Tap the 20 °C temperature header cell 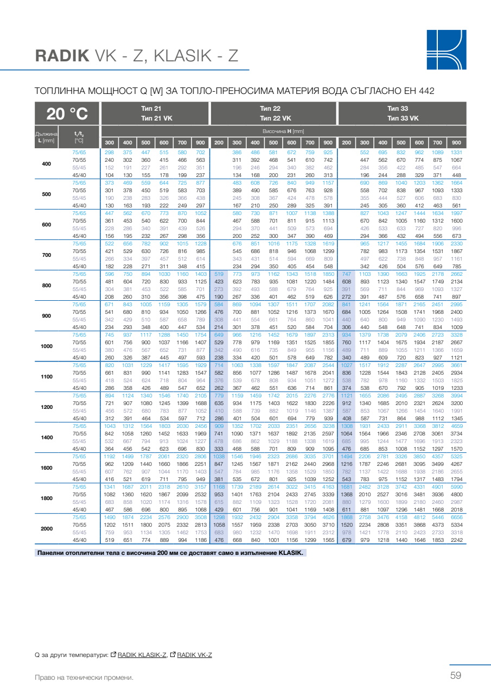pyautogui.click(x=67, y=114)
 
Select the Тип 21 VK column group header pyautogui.click(x=151, y=118)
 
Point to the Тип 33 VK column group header pyautogui.click(x=402, y=118)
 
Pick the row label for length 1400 pyautogui.click(x=47, y=437)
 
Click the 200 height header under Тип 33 pyautogui.click(x=346, y=143)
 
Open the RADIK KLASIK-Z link pyautogui.click(x=142, y=655)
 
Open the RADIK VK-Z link pyautogui.click(x=194, y=655)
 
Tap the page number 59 pyautogui.click(x=455, y=675)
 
